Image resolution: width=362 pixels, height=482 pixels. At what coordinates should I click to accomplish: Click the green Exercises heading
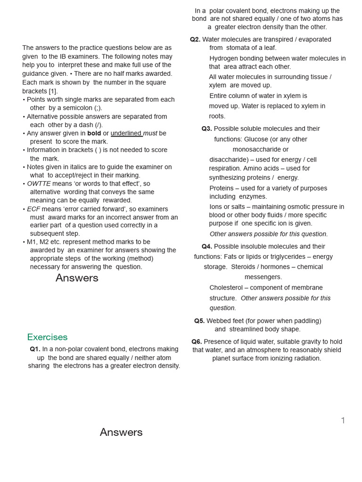coord(47,337)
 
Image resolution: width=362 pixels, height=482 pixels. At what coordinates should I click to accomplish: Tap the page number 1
coord(343,420)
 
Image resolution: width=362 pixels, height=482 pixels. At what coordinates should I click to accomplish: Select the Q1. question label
coord(35,349)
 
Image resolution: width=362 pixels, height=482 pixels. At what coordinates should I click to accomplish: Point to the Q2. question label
coord(195,40)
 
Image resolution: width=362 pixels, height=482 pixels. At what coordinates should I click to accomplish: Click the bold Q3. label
coord(206,129)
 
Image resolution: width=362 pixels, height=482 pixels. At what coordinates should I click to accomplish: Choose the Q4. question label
coord(206,247)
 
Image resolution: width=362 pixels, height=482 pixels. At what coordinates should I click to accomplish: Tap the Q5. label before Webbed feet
coord(199,321)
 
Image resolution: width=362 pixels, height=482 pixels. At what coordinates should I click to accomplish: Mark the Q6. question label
coord(197,342)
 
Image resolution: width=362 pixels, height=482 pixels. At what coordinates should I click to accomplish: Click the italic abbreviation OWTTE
coord(39,184)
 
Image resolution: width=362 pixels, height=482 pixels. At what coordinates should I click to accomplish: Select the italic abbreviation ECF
coord(33,209)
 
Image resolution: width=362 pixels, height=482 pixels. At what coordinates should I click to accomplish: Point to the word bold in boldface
coord(94,133)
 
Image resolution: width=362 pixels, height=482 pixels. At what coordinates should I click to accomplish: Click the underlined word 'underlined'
coord(126,133)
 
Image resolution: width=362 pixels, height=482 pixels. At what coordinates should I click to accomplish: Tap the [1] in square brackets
coord(53,91)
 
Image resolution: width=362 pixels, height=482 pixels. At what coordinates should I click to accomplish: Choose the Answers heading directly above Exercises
coord(77,278)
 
